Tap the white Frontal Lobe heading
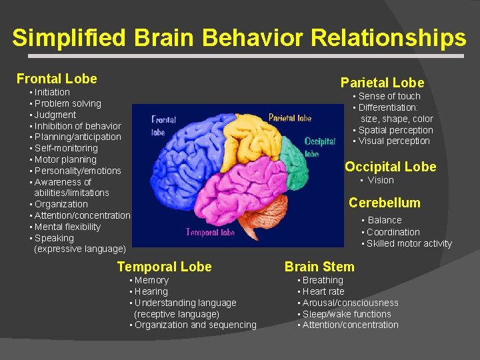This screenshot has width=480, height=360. pos(57,79)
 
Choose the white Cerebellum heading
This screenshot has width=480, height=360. pos(385,203)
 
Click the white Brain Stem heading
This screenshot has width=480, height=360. pos(319,267)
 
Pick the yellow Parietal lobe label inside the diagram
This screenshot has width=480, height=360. pos(290,118)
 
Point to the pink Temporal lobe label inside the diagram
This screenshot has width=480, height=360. pos(210,233)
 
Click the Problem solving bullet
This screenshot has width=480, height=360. pos(67,103)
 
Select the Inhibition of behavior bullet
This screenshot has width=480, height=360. pos(77,126)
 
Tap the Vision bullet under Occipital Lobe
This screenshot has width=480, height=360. pos(380,180)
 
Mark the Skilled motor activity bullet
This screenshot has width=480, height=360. pos(409,243)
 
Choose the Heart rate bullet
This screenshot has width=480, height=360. pos(323,291)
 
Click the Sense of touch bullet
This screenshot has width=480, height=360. pos(389,96)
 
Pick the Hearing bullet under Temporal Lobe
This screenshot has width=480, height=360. pos(151,291)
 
